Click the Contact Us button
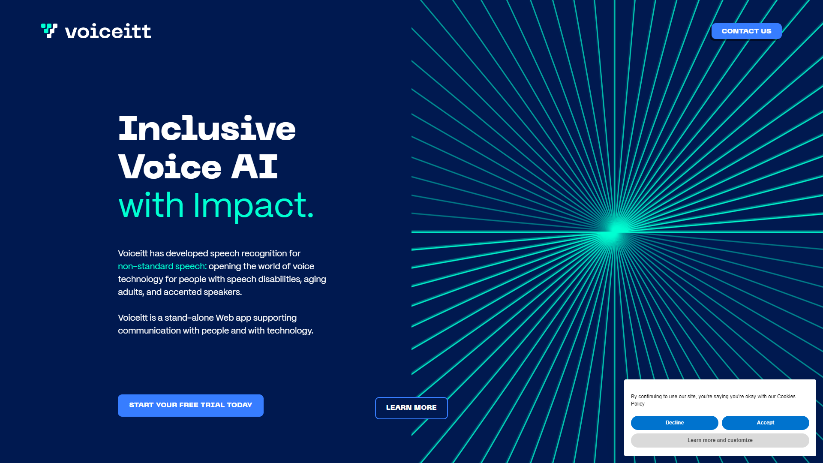coord(746,31)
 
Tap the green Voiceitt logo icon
coord(49,30)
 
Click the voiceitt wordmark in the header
coord(108,31)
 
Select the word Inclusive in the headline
coord(207,128)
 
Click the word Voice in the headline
coord(170,166)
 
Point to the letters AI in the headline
coord(255,166)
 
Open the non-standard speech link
coord(162,266)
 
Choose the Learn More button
coord(411,408)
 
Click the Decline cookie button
coord(675,423)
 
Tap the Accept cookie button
coord(766,423)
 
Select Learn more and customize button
coord(720,440)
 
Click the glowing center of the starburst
coord(616,231)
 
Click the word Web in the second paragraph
coord(225,318)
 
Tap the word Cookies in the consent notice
coord(786,397)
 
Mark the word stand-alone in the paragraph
coord(189,318)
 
